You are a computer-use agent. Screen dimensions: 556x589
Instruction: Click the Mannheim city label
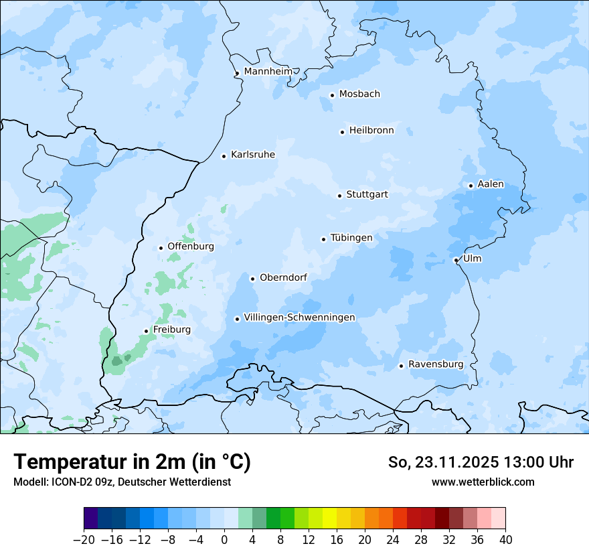click(x=268, y=71)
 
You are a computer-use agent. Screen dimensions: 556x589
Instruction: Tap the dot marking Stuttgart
click(x=339, y=196)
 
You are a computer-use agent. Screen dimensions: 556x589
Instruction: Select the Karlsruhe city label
click(x=253, y=155)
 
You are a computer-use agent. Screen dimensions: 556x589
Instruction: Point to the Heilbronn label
click(x=371, y=131)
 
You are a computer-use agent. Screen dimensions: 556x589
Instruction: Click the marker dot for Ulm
click(x=456, y=260)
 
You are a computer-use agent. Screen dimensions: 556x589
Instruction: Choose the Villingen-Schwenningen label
click(x=299, y=318)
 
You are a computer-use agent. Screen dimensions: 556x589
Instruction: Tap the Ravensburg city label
click(x=436, y=364)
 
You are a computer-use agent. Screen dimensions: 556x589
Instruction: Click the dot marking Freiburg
click(x=146, y=331)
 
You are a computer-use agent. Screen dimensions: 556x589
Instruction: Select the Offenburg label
click(x=191, y=247)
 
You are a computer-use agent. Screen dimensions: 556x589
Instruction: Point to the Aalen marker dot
click(x=471, y=186)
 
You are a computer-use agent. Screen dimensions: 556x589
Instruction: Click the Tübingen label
click(x=351, y=238)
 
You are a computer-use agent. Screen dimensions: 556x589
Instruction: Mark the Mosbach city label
click(x=359, y=94)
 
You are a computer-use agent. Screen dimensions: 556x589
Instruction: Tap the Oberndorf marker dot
click(x=252, y=279)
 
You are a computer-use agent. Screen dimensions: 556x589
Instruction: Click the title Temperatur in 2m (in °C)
click(x=132, y=462)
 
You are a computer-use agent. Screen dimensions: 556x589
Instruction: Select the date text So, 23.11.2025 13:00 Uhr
click(x=481, y=462)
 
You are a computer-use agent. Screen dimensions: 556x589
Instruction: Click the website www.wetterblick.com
click(x=483, y=482)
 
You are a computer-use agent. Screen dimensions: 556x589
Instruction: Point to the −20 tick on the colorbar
click(x=84, y=540)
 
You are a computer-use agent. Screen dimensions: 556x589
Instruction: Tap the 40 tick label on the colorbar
click(x=505, y=540)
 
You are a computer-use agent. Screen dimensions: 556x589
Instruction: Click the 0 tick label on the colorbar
click(x=224, y=540)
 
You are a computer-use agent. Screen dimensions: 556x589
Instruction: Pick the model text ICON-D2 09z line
click(x=122, y=482)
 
